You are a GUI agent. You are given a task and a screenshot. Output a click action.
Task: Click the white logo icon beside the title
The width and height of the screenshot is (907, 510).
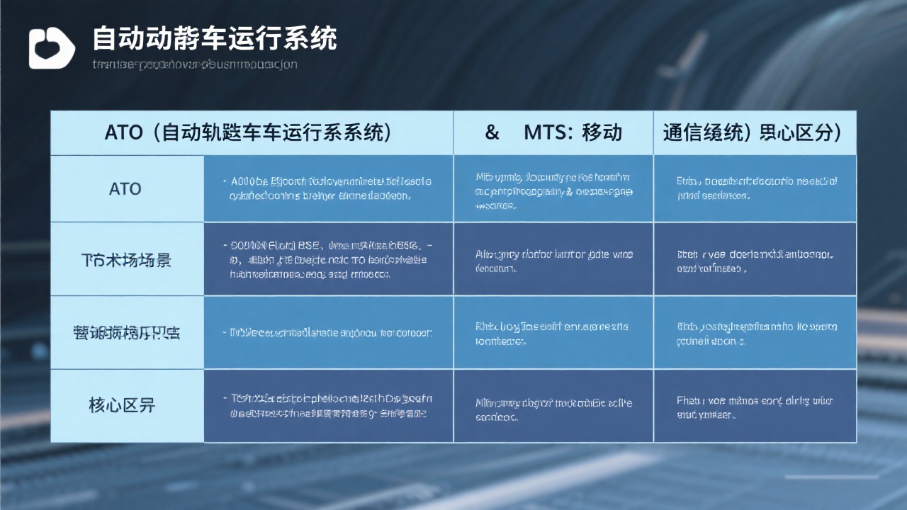coord(52,48)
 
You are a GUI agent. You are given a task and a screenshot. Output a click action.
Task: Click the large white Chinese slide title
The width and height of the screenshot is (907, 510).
coord(214,38)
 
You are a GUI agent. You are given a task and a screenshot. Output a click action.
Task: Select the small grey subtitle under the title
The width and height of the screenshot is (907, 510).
coord(195,64)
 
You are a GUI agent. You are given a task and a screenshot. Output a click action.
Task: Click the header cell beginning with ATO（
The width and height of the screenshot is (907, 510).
coord(249,132)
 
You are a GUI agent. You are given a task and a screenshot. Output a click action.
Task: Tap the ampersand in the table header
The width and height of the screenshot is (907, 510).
coord(492,132)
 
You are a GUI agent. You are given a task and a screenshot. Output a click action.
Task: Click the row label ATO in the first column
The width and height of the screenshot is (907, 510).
coord(125,189)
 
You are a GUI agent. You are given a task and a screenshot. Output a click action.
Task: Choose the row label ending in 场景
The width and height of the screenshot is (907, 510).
coord(126,260)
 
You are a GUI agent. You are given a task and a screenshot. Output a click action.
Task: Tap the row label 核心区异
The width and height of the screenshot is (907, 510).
coord(122,405)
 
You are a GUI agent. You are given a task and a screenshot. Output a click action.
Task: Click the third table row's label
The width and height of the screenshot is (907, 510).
coord(126,332)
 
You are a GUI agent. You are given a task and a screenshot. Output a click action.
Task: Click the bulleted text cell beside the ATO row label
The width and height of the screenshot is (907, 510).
coord(327,188)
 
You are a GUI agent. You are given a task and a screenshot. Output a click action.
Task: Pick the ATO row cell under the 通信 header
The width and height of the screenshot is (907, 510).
coord(755,188)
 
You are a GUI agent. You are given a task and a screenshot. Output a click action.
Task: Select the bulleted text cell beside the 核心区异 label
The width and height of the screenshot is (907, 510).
coord(327,405)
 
